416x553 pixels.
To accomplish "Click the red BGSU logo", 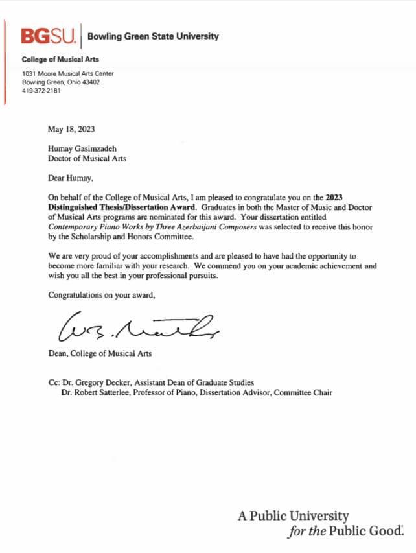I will pos(49,36).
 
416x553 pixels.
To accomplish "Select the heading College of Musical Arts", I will pos(60,59).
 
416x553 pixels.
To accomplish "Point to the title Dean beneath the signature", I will pos(59,353).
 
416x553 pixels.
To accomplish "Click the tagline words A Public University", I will pos(293,517).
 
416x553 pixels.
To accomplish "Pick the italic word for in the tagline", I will pos(297,532).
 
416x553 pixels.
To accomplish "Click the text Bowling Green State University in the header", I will pos(153,36).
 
